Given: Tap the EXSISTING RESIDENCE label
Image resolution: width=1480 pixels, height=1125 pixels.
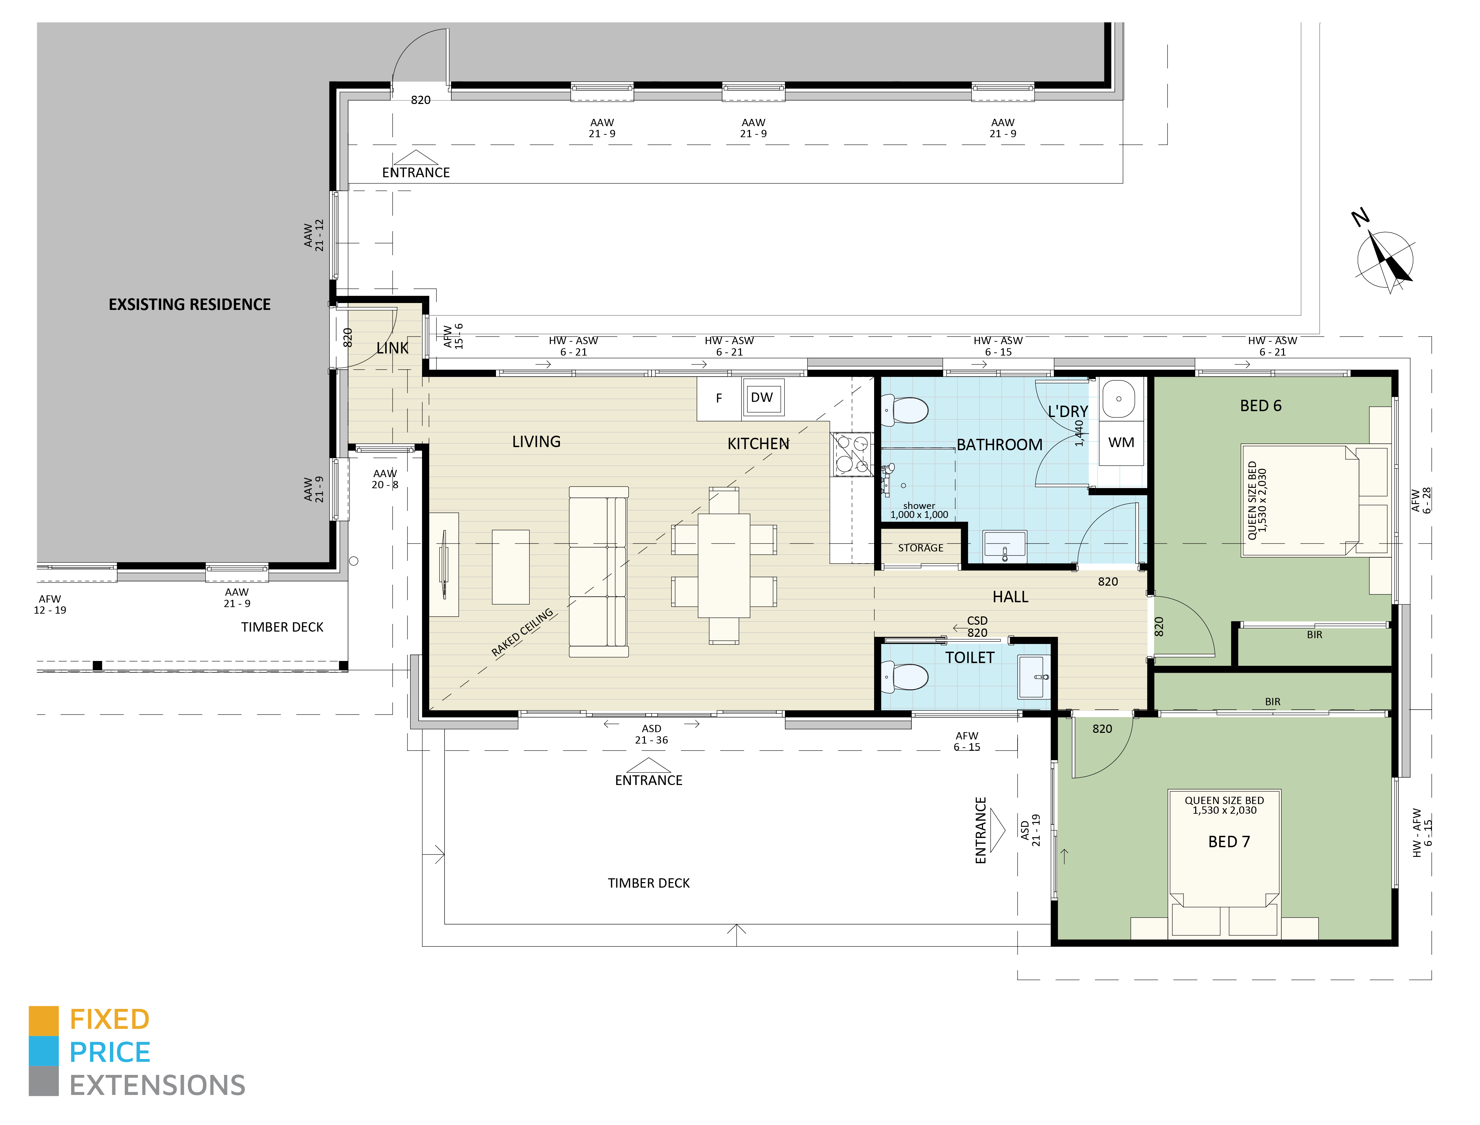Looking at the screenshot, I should [189, 305].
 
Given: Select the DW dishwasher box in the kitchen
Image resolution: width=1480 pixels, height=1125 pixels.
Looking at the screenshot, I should [762, 398].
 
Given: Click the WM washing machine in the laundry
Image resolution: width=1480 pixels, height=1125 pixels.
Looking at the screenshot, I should [1121, 443].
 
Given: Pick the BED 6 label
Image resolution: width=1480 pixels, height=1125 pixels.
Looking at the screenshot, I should [1260, 406].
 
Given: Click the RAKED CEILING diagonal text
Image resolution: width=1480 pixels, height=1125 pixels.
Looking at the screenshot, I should [522, 633].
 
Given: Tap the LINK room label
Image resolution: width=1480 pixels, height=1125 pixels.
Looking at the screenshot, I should [392, 348].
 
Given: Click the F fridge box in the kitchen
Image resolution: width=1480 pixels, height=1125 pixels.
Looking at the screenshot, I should [719, 398].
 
